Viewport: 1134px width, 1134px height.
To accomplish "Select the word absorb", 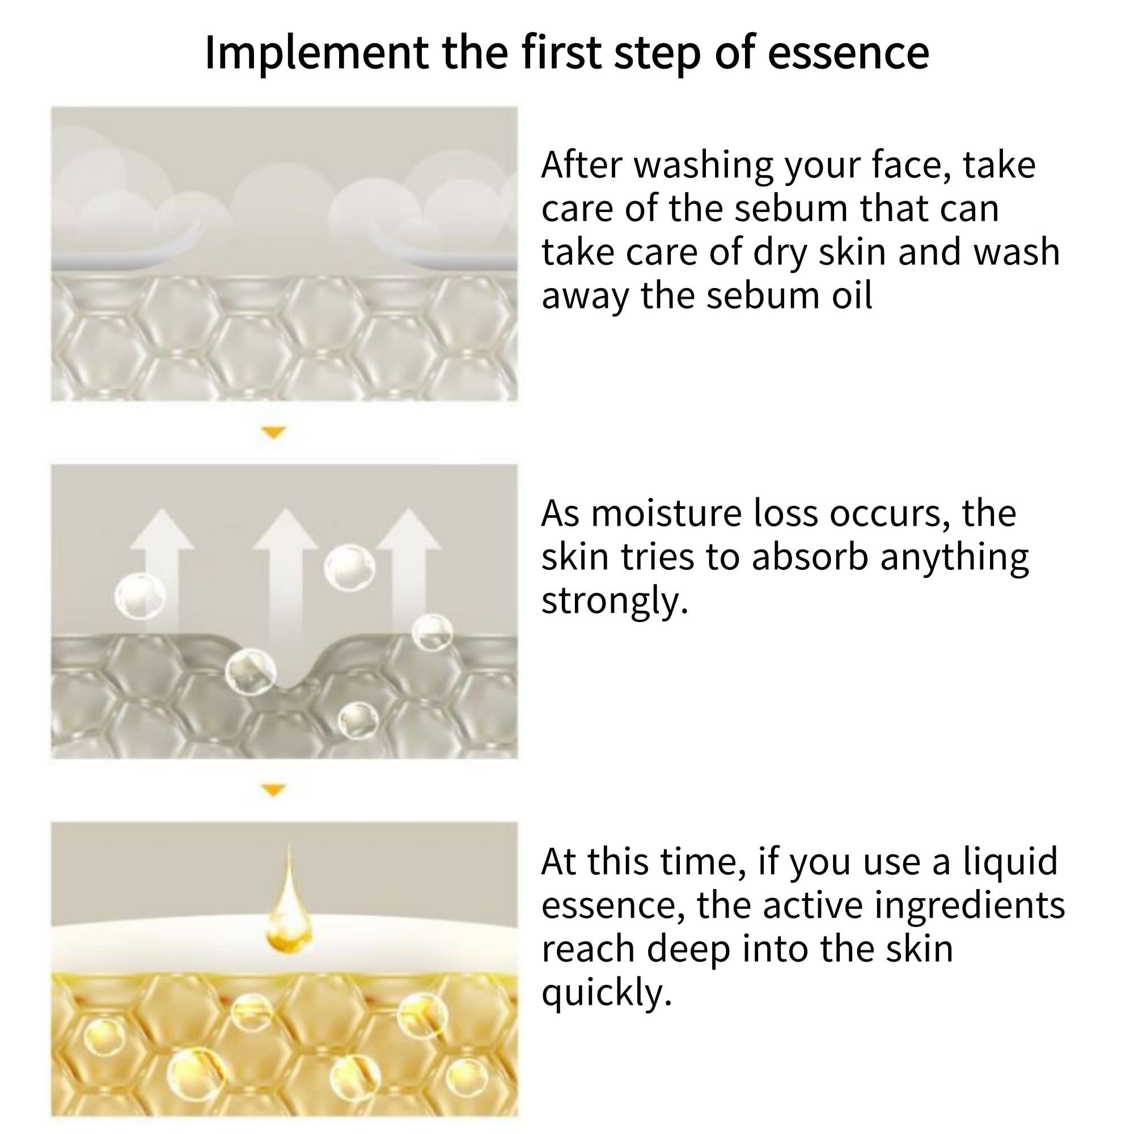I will coord(810,557).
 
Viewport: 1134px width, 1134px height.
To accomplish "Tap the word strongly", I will coord(614,601).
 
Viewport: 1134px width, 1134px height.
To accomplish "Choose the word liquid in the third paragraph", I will coord(1010,862).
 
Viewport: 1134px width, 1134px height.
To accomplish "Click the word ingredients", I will coord(969,905).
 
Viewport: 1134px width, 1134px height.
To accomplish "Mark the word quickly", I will coord(606,993).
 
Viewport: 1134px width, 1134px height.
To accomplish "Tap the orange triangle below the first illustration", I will coord(273,433).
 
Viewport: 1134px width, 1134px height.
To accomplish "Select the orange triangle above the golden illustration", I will coord(273,790).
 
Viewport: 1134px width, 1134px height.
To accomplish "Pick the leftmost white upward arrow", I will coord(162,564).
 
